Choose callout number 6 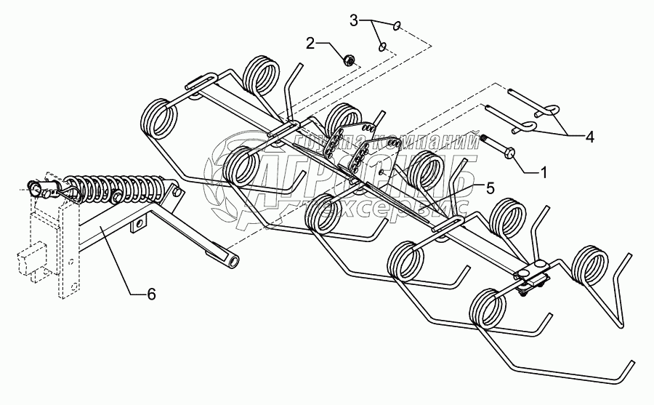tap(151, 294)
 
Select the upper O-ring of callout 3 tap(396, 27)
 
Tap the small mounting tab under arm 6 tap(136, 228)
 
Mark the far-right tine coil tap(591, 268)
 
